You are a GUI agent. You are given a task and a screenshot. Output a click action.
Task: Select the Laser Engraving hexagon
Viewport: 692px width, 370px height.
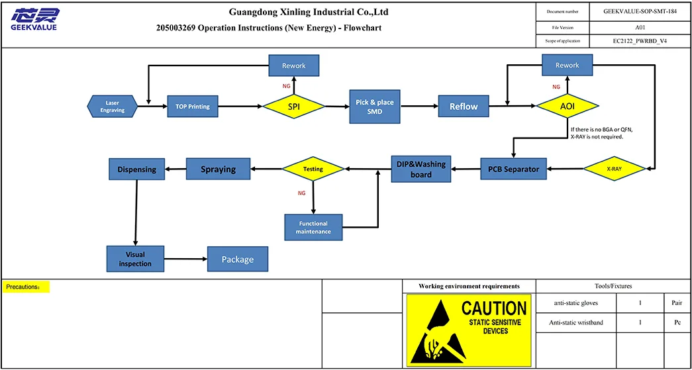click(113, 106)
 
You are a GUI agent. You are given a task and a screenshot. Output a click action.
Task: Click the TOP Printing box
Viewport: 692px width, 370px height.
click(192, 106)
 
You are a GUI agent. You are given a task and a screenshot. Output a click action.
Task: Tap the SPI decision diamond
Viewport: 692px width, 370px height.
click(294, 106)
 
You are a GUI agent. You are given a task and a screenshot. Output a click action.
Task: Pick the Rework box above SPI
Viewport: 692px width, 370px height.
click(294, 66)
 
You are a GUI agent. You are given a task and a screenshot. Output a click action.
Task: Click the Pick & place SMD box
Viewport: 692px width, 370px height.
click(375, 107)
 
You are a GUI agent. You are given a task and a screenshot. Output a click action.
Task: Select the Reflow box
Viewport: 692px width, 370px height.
click(464, 106)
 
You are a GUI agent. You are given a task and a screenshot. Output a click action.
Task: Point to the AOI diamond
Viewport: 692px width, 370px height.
click(568, 106)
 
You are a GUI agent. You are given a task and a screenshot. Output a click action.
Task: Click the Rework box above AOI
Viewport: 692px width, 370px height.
click(567, 65)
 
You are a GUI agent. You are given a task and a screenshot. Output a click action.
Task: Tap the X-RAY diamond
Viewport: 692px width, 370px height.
click(614, 169)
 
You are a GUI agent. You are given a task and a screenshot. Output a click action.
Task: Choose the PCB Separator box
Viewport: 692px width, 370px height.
click(514, 169)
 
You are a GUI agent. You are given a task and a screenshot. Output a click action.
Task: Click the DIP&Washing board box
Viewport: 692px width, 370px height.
click(421, 169)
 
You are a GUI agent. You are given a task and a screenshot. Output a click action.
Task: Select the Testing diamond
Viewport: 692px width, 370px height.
click(313, 169)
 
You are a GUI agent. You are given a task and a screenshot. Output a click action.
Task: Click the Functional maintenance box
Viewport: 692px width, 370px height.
click(314, 228)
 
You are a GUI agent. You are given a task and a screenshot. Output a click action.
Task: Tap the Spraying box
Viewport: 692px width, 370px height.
click(219, 169)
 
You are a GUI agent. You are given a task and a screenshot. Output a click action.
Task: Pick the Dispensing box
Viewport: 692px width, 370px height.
click(136, 169)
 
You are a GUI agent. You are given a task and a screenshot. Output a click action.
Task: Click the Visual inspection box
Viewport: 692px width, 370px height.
click(135, 259)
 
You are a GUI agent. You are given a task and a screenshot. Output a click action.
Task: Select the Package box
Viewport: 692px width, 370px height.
click(238, 259)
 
